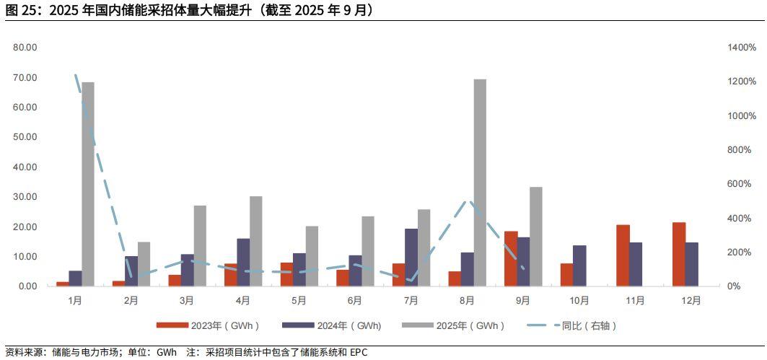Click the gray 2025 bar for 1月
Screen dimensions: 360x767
88,184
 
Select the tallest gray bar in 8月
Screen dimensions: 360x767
480,183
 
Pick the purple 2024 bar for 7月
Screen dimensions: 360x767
411,257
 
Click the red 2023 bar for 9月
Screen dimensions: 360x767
511,258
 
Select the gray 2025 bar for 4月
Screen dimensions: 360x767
255,241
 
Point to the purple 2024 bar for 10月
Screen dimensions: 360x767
579,265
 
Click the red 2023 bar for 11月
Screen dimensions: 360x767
623,255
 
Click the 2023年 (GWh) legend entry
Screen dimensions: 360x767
209,325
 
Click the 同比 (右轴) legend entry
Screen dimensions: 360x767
577,325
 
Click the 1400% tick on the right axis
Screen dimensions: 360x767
742,48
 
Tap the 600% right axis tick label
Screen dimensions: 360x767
740,184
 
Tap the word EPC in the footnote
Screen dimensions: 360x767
359,353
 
